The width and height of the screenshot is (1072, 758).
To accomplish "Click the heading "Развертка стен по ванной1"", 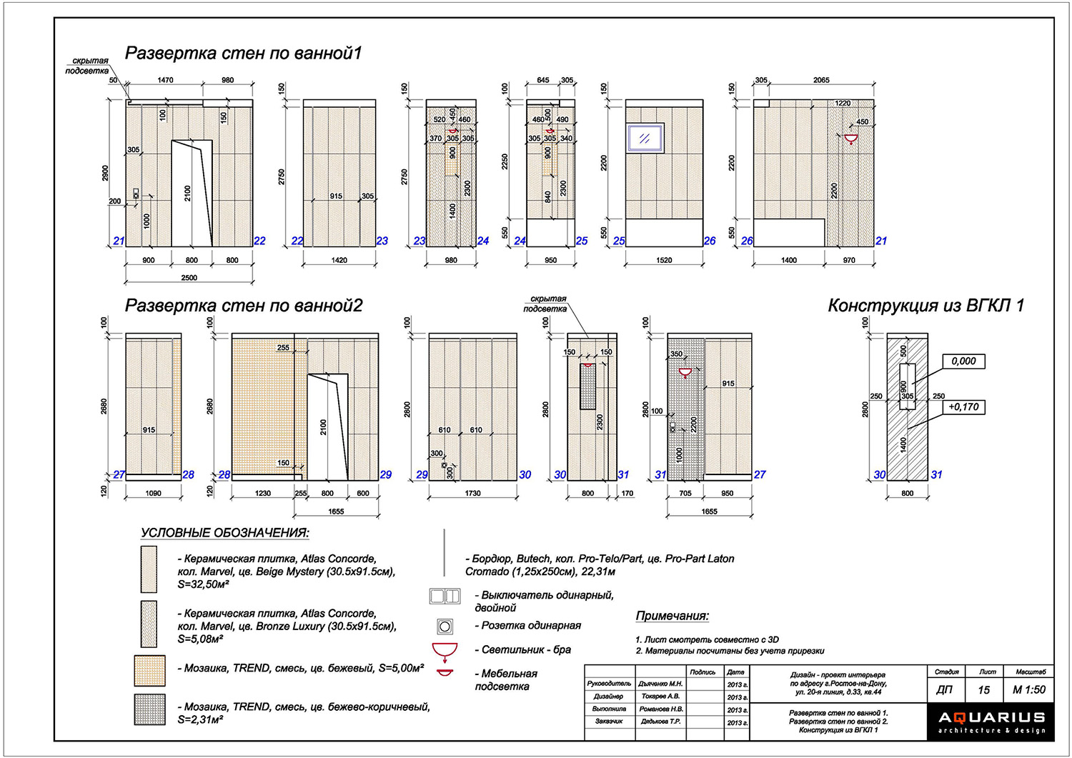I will (244, 54).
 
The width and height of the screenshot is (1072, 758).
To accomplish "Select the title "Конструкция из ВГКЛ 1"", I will (925, 306).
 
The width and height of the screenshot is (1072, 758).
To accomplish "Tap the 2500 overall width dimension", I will (189, 278).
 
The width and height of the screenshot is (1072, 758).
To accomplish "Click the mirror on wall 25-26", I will (645, 138).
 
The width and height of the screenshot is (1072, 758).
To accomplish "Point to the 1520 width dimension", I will (664, 261).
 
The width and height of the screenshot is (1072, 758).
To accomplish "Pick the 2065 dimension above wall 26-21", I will (821, 81).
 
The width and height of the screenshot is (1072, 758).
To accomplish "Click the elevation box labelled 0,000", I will (963, 361).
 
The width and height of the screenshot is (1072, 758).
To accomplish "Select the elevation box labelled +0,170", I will (963, 407).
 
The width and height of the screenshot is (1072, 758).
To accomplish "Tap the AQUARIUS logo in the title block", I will (992, 722).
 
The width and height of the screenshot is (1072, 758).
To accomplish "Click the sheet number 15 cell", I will (984, 690).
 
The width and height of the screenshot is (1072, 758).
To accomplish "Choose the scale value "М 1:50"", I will (1028, 690).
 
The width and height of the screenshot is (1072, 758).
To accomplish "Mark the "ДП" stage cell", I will (944, 690).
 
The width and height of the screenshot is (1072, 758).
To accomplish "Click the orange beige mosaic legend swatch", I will (149, 671).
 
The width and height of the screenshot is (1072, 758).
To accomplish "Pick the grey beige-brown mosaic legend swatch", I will (149, 709).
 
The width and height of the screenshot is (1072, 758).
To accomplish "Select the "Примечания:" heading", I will (672, 617).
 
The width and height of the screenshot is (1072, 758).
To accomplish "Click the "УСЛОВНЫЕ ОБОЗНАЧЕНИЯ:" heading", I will (224, 534).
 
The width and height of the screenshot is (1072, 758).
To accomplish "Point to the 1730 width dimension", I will (472, 494).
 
